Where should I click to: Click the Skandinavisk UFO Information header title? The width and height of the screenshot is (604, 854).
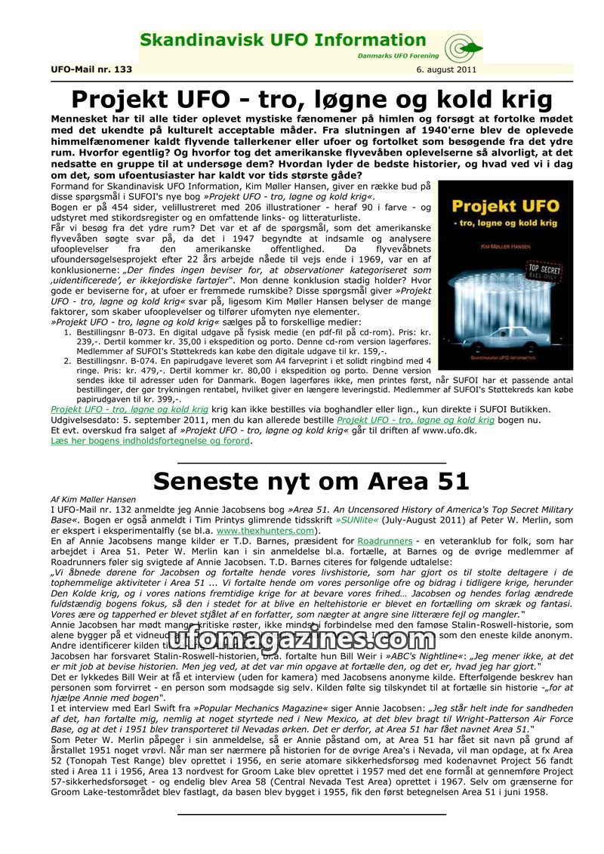point(283,40)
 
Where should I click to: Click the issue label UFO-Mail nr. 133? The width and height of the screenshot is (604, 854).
point(91,69)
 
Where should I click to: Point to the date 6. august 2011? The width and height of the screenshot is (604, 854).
point(445,69)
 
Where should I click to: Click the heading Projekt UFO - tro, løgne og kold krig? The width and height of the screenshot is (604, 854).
point(311,99)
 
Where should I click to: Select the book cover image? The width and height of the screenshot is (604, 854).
point(505,275)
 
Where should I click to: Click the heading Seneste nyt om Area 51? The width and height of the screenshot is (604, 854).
point(311,480)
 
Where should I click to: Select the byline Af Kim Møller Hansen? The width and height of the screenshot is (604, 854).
point(94,499)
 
